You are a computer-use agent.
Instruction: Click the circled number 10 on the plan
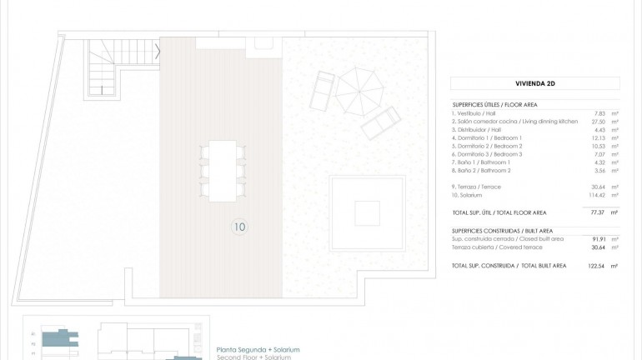(240, 226)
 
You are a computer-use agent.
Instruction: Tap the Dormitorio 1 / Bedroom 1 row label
(487, 137)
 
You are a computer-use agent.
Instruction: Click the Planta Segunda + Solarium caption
(258, 349)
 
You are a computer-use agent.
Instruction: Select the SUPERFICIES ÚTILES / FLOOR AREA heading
(494, 104)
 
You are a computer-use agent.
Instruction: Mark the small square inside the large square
(368, 212)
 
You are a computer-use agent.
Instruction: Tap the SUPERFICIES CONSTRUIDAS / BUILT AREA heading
(502, 230)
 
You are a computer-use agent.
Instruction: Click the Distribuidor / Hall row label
(479, 130)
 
